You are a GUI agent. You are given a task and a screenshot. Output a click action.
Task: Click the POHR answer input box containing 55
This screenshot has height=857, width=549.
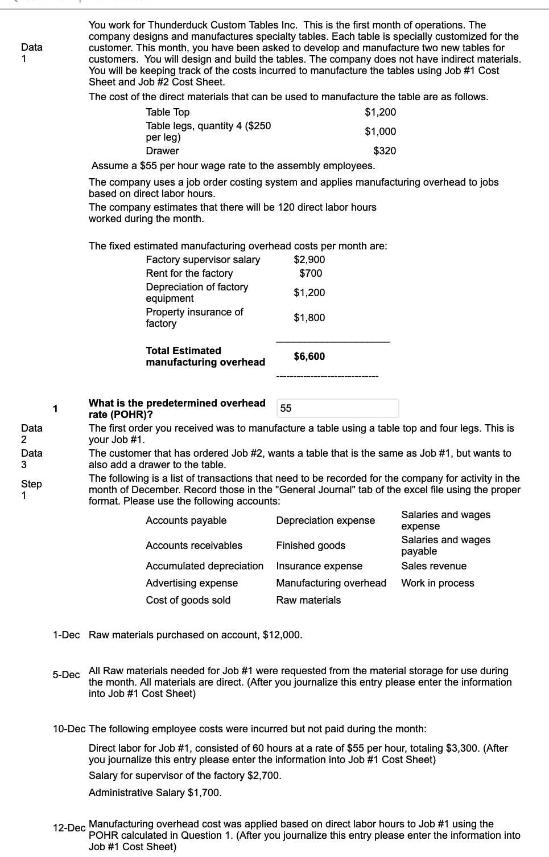339,408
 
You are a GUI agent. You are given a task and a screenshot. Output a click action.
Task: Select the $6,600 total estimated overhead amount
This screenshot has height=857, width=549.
309,356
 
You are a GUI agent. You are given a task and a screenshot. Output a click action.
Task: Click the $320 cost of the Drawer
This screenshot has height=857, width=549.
385,151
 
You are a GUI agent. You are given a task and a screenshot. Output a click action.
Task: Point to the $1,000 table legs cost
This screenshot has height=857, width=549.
380,132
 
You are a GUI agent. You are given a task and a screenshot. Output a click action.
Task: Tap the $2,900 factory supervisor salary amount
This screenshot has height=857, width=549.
309,260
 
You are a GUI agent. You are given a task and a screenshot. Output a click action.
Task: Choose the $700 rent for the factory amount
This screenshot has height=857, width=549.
311,273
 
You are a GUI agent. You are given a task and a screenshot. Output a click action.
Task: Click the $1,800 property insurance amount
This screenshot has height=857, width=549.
309,318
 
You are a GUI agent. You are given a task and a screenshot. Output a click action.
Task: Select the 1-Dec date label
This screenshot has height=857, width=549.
66,635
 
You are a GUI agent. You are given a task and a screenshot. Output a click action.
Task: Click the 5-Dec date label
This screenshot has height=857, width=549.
66,675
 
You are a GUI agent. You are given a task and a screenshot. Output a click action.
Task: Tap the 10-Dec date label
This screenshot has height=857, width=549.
69,729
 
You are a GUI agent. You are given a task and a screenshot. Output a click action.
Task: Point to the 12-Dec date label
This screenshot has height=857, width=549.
69,828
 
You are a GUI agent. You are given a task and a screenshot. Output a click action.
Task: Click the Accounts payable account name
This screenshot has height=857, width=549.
186,520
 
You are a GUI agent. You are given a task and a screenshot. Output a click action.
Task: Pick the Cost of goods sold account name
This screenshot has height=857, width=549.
188,600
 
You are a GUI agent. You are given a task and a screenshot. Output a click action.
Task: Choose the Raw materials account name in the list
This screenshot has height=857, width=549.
308,600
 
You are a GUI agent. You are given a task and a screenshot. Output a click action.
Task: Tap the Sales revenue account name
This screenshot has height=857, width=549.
434,566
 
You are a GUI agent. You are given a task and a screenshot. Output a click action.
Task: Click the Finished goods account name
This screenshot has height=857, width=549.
311,546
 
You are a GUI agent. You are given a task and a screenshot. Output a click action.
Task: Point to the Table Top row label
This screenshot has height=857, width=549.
168,112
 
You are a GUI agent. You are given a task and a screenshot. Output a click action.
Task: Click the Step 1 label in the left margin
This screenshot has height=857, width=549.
31,490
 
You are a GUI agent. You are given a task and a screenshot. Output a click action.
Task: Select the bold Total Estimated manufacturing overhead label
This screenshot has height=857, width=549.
205,356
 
